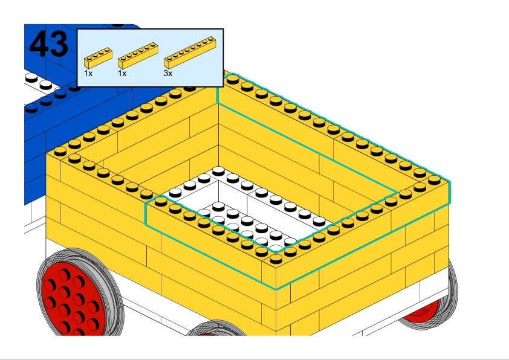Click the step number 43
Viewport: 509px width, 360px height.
click(x=49, y=44)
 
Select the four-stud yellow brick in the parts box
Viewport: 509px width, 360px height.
click(x=98, y=58)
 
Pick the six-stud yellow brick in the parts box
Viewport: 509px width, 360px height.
click(x=138, y=56)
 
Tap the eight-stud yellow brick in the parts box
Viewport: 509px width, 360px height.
click(x=190, y=53)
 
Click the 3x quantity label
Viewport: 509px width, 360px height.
click(x=168, y=73)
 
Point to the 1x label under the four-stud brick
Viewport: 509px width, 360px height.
click(x=88, y=73)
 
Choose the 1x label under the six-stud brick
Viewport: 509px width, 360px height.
click(x=122, y=73)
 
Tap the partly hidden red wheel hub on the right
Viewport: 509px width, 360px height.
click(x=422, y=311)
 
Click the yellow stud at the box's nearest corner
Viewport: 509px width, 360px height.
click(x=276, y=259)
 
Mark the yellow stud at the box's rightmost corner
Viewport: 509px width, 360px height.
click(x=434, y=179)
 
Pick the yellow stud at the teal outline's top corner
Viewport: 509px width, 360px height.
click(x=233, y=79)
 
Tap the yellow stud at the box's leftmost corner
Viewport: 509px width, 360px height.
click(x=60, y=151)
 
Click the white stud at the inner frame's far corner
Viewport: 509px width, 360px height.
click(x=218, y=171)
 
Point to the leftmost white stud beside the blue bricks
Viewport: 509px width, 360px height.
click(x=31, y=77)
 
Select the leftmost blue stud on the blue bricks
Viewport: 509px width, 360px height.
click(x=31, y=108)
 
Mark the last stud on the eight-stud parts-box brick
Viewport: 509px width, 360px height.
click(x=211, y=39)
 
